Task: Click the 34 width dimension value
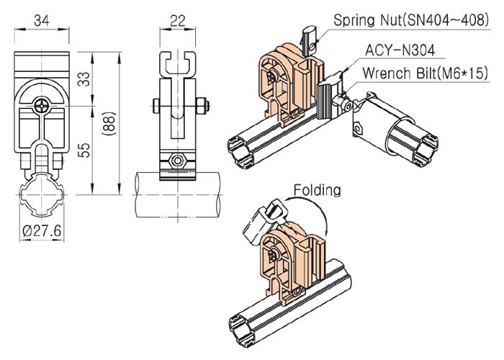(x=42, y=21)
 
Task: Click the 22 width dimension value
(x=178, y=21)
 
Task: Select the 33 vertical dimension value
(x=84, y=78)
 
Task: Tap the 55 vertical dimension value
(x=84, y=150)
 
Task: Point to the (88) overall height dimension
(x=109, y=123)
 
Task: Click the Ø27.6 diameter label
(x=42, y=230)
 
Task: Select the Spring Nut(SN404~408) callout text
(x=411, y=20)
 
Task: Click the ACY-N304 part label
(x=400, y=50)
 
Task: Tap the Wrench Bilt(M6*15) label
(x=425, y=73)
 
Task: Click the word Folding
(x=318, y=190)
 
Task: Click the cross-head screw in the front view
(x=42, y=104)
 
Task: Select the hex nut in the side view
(x=177, y=161)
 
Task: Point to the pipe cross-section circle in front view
(x=42, y=194)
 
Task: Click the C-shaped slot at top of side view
(x=178, y=64)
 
